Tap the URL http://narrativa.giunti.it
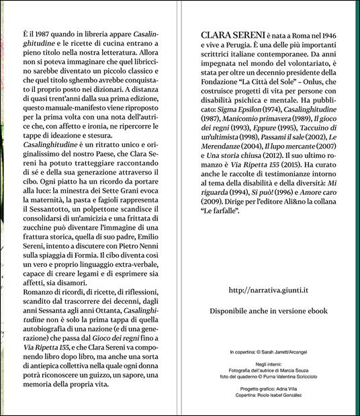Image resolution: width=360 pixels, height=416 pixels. click(x=269, y=291)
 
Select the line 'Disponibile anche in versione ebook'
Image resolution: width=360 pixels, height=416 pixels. click(x=269, y=313)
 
